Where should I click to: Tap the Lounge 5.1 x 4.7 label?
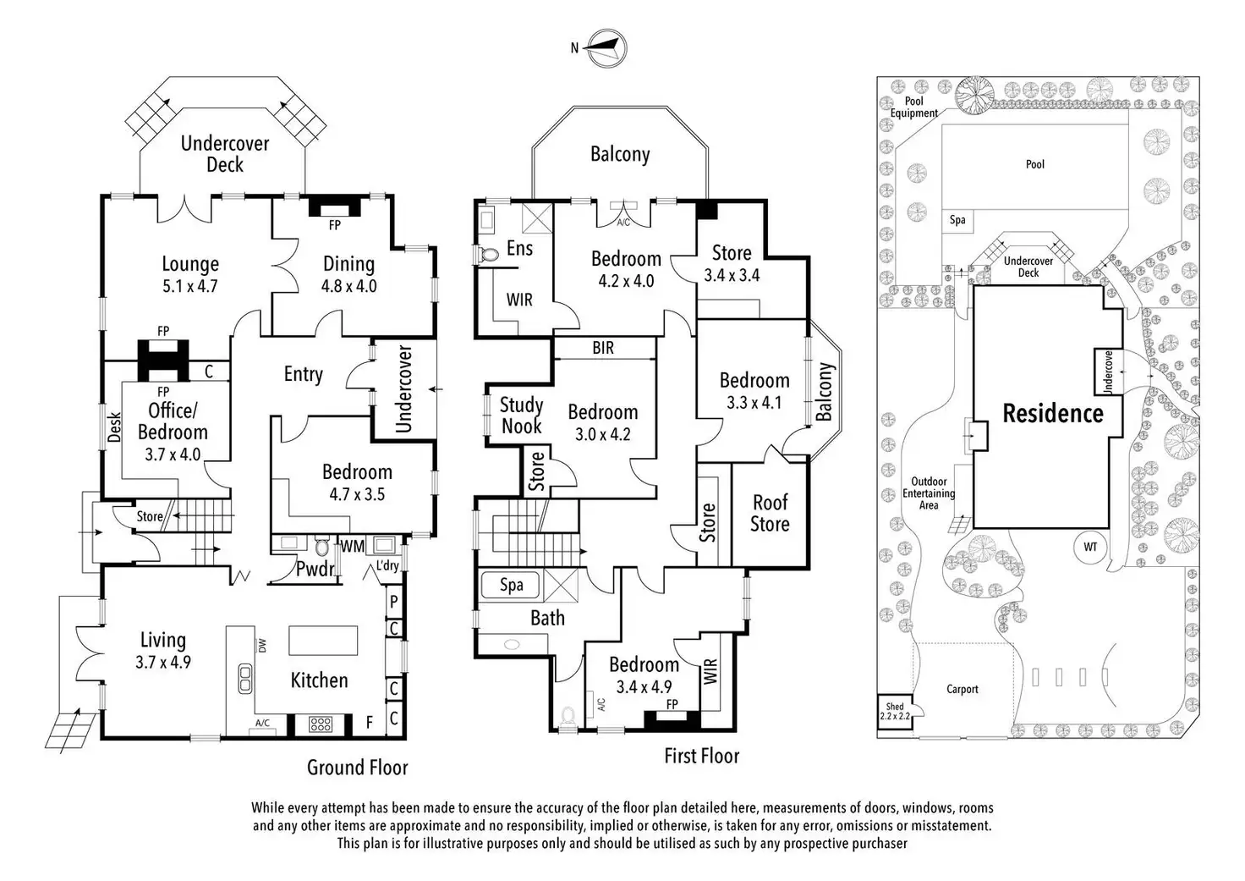(190, 275)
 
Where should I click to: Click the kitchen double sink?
(245, 679)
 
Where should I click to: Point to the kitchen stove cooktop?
(321, 724)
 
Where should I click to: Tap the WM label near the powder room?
(353, 546)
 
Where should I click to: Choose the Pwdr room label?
(315, 570)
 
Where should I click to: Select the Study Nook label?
(521, 416)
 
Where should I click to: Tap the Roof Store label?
(770, 514)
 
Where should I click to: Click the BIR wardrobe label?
(603, 348)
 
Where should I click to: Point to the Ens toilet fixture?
(490, 253)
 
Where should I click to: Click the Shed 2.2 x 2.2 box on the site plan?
(895, 712)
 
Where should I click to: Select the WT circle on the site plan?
(1090, 547)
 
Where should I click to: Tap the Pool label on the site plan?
(1035, 164)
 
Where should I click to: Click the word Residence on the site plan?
(1053, 414)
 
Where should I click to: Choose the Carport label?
(963, 689)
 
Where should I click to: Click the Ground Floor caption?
(357, 768)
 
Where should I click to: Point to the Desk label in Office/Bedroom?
(115, 427)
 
